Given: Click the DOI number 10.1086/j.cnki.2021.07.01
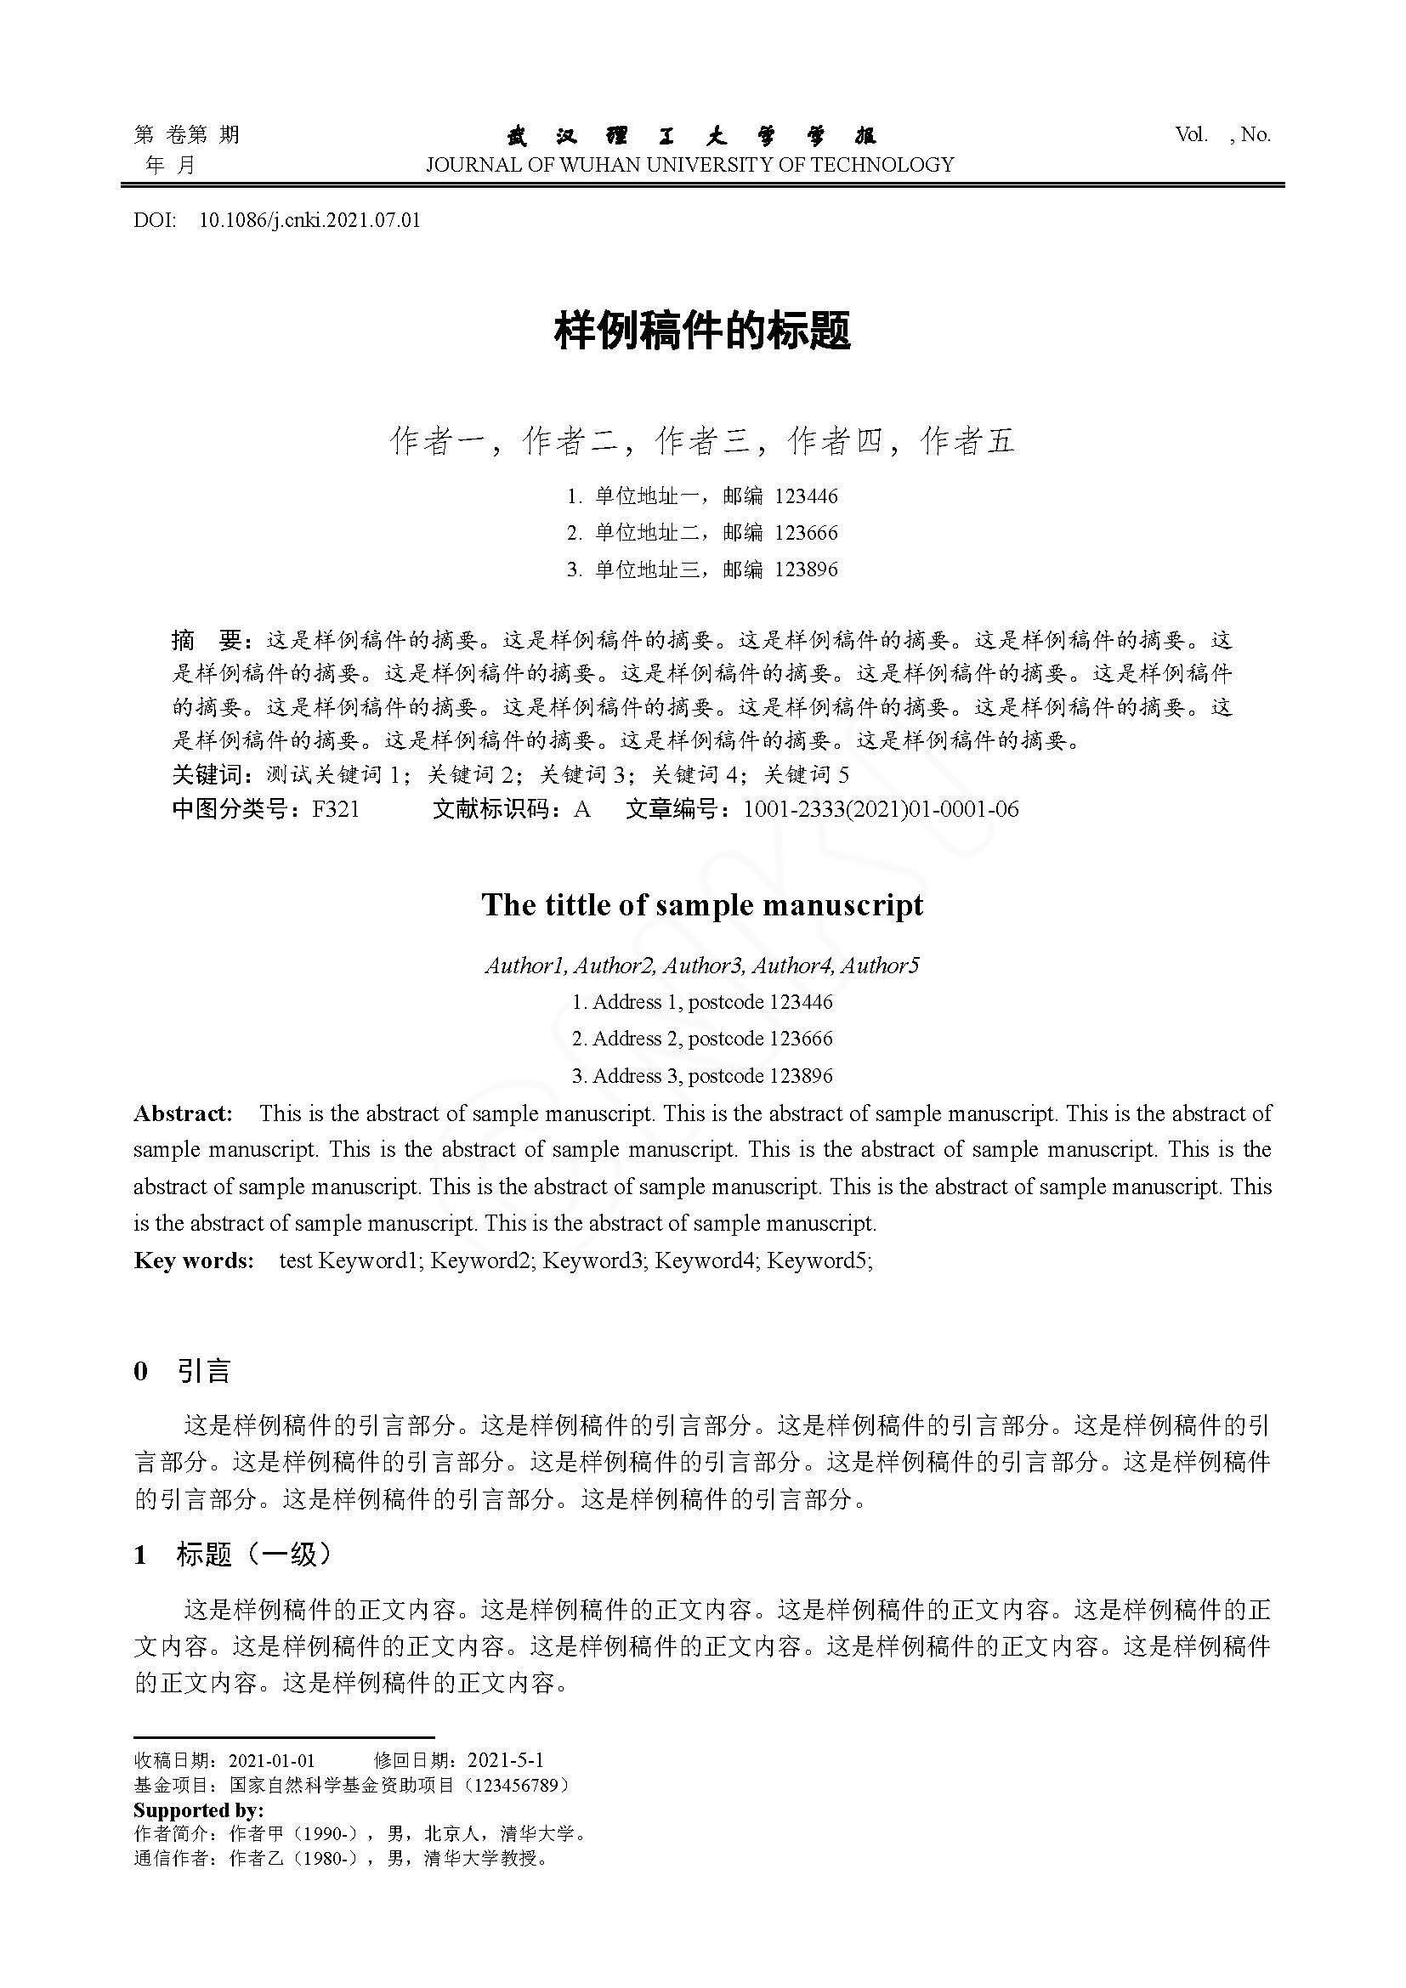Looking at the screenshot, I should coord(309,220).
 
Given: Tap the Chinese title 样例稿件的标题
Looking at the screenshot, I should coord(702,331).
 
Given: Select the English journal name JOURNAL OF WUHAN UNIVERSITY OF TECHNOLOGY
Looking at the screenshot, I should coord(689,165).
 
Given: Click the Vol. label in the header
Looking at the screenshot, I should coord(1191,134).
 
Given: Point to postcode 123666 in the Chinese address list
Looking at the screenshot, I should coord(806,533).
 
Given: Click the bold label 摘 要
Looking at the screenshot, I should coord(207,640).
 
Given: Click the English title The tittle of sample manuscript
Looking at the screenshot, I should coord(702,905).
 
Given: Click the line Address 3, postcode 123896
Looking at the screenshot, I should coord(702,1075).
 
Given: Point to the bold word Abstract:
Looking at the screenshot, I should coord(183,1113).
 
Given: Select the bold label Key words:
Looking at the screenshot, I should coord(194,1260).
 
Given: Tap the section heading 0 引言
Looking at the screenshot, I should coord(183,1371).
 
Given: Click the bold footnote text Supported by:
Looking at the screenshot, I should coord(198,1810).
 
